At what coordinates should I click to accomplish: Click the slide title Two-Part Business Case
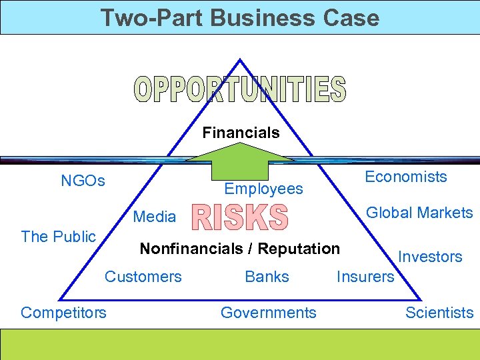pyautogui.click(x=239, y=17)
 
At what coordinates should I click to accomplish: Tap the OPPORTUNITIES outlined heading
pyautogui.click(x=240, y=91)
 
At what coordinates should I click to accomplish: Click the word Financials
pyautogui.click(x=241, y=133)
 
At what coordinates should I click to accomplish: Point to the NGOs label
pyautogui.click(x=83, y=181)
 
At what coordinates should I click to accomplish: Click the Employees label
pyautogui.click(x=263, y=189)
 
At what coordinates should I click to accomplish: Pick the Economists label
pyautogui.click(x=405, y=177)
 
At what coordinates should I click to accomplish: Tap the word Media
pyautogui.click(x=155, y=217)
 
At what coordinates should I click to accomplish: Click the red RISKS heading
pyautogui.click(x=240, y=219)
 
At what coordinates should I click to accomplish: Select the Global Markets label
pyautogui.click(x=419, y=213)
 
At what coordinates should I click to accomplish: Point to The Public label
pyautogui.click(x=59, y=236)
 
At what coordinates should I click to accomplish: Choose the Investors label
pyautogui.click(x=430, y=257)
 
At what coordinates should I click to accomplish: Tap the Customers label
pyautogui.click(x=143, y=276)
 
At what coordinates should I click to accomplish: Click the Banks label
pyautogui.click(x=267, y=276)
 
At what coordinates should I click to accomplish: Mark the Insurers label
pyautogui.click(x=365, y=276)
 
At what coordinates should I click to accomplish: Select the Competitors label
pyautogui.click(x=63, y=312)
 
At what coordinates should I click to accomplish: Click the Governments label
pyautogui.click(x=268, y=312)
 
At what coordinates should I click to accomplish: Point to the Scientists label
pyautogui.click(x=439, y=312)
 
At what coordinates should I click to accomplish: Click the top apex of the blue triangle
pyautogui.click(x=240, y=60)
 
